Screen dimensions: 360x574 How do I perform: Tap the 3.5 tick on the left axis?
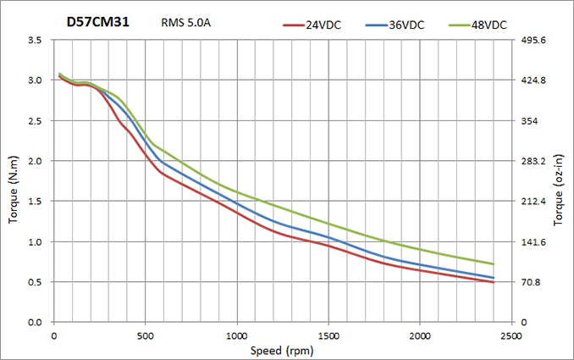(x=36, y=40)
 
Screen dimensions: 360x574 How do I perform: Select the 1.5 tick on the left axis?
(x=36, y=202)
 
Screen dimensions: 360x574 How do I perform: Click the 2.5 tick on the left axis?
(x=36, y=121)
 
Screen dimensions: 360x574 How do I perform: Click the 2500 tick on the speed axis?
(x=511, y=335)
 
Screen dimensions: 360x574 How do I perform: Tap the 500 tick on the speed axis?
(x=145, y=335)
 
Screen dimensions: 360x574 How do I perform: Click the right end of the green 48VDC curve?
(x=494, y=264)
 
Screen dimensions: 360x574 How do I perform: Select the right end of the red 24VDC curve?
(x=494, y=282)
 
